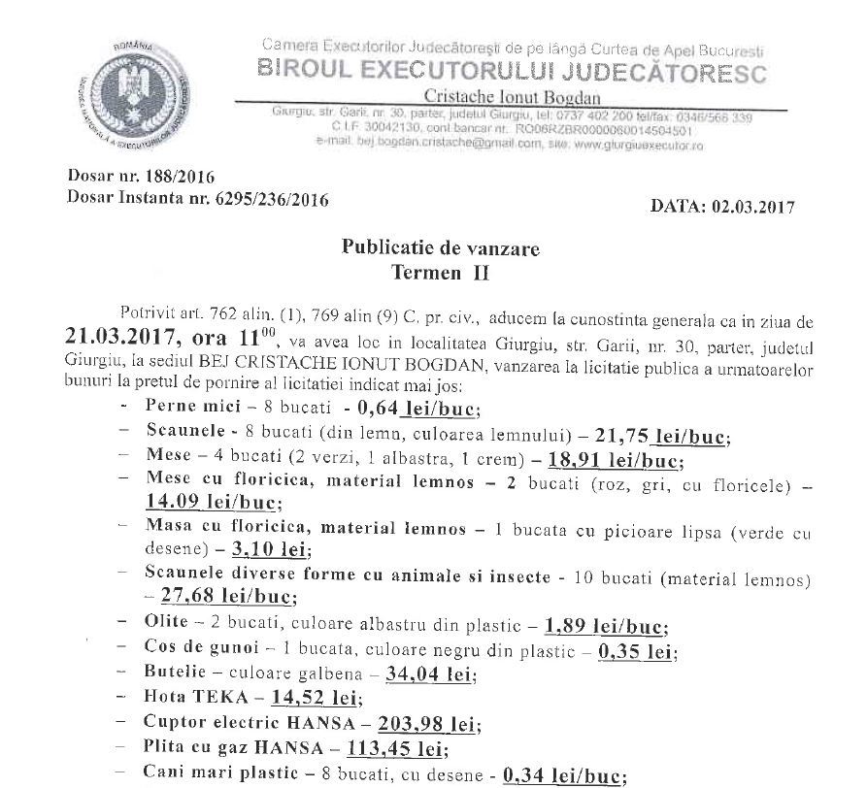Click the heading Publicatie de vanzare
coord(441,248)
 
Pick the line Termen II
coord(441,273)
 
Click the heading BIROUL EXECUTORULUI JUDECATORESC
coord(513,72)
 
